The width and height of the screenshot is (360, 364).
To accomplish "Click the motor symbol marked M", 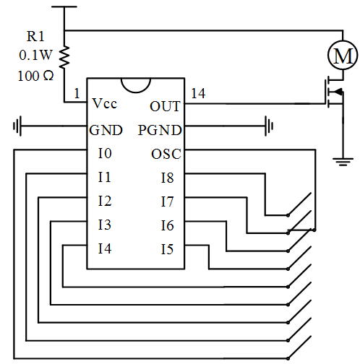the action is (343, 55).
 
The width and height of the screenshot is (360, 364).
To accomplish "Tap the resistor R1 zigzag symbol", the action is (64, 57).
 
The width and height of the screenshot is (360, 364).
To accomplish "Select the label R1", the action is (35, 37).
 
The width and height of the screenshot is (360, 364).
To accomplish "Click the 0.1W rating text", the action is (35, 55).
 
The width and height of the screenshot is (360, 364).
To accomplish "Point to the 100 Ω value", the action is (35, 76).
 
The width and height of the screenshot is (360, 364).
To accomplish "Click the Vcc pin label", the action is (105, 103).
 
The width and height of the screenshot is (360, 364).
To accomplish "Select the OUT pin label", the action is (165, 106).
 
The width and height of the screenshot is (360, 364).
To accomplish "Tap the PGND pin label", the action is (160, 130).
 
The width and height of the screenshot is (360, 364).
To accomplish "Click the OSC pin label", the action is (166, 154).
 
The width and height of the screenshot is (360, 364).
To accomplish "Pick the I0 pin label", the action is (105, 153).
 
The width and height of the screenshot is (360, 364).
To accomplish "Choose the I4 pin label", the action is (105, 248).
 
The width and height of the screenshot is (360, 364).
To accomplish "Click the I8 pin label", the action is (167, 178).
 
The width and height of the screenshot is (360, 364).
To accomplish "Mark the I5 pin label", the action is (167, 249).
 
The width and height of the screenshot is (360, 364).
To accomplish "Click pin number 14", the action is (198, 93).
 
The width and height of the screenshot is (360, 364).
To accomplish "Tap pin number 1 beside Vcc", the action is (77, 93).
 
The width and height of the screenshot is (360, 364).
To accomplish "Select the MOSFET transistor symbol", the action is (335, 92).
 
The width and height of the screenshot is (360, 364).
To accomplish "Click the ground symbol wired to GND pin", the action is (17, 126).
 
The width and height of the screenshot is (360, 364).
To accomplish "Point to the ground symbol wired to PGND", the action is (269, 126).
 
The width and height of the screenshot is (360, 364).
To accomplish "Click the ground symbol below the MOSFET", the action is (343, 162).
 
